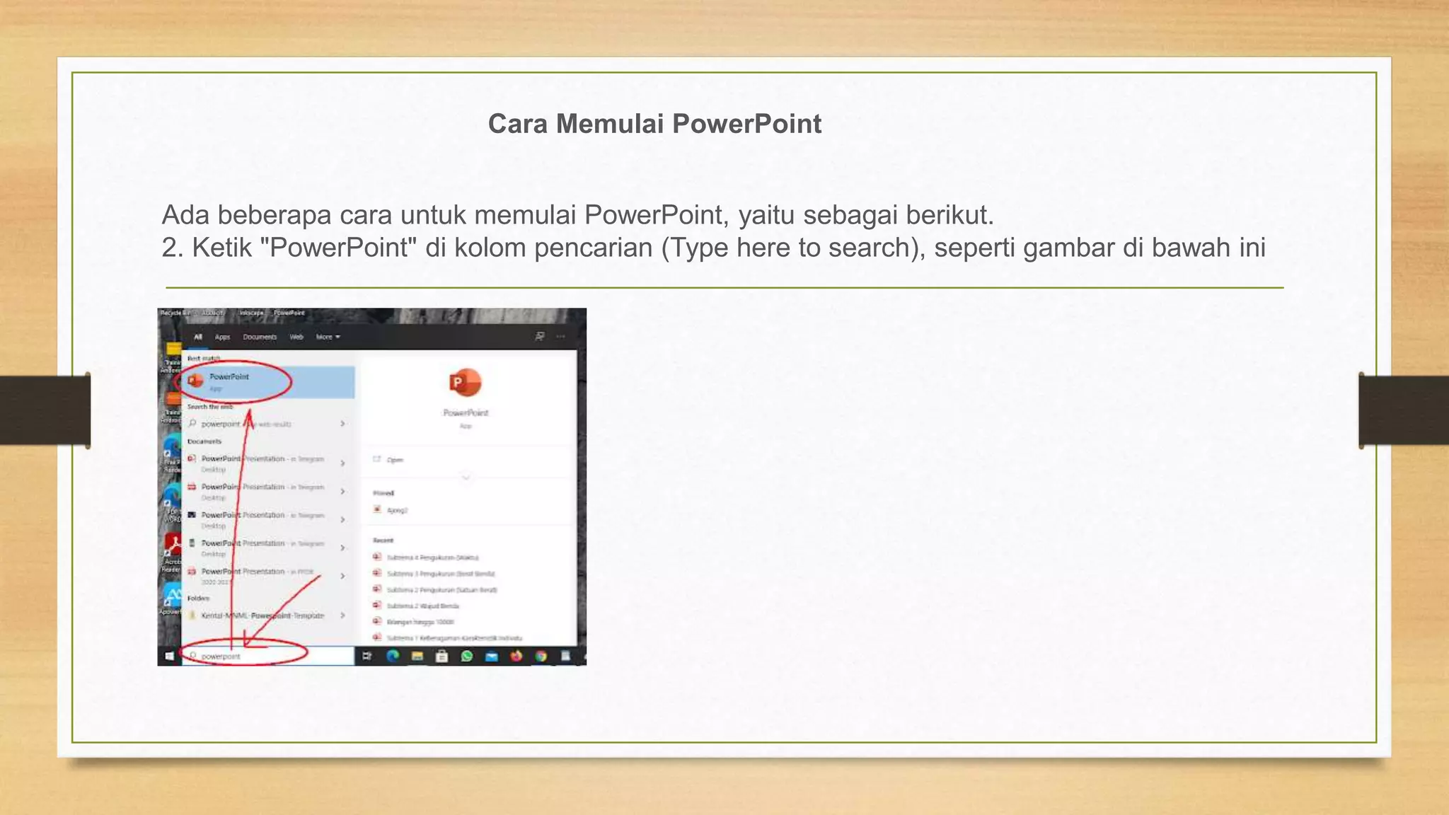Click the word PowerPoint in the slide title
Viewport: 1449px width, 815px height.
coord(746,124)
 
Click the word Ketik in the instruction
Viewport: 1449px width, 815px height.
coord(221,248)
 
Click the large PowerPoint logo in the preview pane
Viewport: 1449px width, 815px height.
coord(465,383)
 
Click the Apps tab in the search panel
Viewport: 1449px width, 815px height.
coord(222,337)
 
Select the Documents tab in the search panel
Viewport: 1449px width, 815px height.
coord(260,337)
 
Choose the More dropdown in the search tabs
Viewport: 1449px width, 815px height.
coord(328,337)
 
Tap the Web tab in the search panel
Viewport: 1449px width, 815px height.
coord(296,337)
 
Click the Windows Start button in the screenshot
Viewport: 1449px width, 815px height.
coord(169,657)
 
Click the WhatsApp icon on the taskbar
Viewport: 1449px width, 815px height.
coord(467,657)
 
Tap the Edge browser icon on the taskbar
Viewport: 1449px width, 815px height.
coord(393,657)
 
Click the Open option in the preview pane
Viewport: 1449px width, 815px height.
coord(394,460)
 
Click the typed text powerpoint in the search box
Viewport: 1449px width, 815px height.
coord(221,657)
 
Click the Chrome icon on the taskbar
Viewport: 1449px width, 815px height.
coord(541,657)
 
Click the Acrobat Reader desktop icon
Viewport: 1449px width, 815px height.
coord(172,548)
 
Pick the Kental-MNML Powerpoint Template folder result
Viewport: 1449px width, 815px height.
coord(262,615)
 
